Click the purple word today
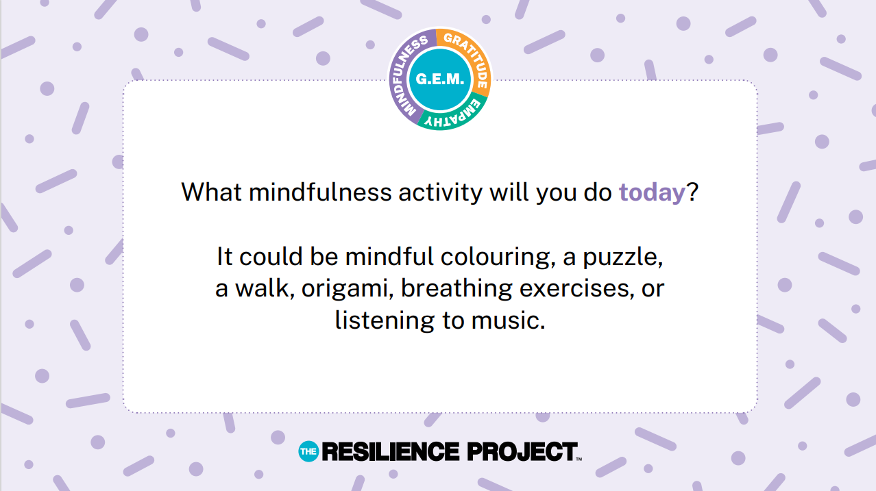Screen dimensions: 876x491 pos(652,192)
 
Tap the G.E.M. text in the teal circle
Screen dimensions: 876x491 pos(440,79)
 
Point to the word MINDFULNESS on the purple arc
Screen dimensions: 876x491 pos(406,74)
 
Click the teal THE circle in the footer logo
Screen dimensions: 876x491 pos(308,451)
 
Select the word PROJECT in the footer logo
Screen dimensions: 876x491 pos(522,451)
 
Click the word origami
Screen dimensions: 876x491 pos(348,289)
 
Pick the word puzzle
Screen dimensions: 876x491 pos(622,257)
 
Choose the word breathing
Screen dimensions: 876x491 pos(457,289)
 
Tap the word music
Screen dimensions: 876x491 pos(508,320)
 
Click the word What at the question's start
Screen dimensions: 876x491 pos(211,192)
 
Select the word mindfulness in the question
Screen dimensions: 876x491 pos(320,192)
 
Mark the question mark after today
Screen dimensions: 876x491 pos(692,192)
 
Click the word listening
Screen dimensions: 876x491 pos(385,321)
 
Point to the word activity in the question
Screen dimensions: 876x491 pos(440,193)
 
